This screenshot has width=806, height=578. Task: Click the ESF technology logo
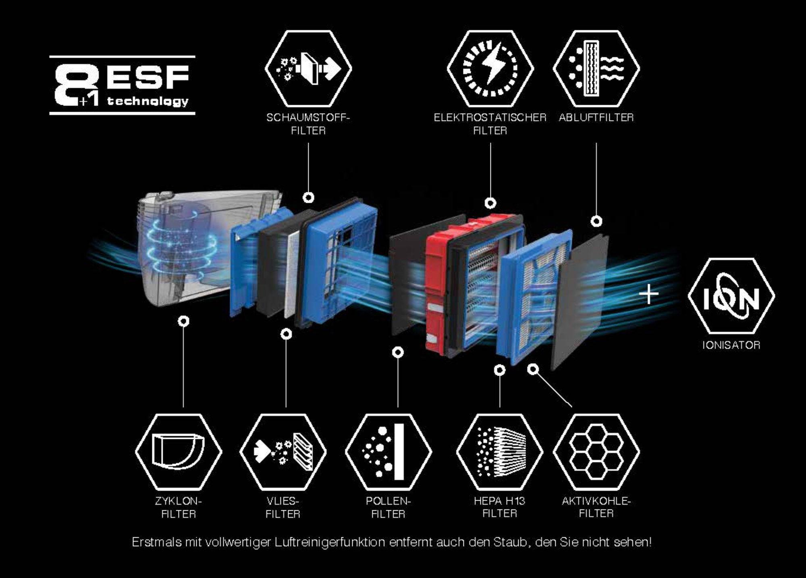(122, 85)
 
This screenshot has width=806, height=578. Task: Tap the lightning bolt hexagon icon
(490, 69)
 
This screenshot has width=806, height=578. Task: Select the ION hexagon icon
(731, 295)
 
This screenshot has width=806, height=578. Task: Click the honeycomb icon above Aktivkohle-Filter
(596, 452)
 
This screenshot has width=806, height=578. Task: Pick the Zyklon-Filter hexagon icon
(179, 452)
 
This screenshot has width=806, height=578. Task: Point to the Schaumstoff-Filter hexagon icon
(308, 69)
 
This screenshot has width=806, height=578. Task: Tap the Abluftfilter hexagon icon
(596, 69)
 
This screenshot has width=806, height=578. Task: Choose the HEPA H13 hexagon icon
(500, 452)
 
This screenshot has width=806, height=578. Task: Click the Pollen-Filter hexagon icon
(388, 452)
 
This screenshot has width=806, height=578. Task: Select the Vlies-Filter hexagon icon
(283, 452)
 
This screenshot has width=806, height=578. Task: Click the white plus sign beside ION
(649, 294)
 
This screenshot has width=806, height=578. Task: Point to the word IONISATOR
(731, 345)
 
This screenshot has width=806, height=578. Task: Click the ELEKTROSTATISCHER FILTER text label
(490, 124)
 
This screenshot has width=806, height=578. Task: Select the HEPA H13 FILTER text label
(500, 507)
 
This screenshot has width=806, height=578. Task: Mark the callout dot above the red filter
(490, 203)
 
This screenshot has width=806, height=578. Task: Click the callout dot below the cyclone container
(183, 321)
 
